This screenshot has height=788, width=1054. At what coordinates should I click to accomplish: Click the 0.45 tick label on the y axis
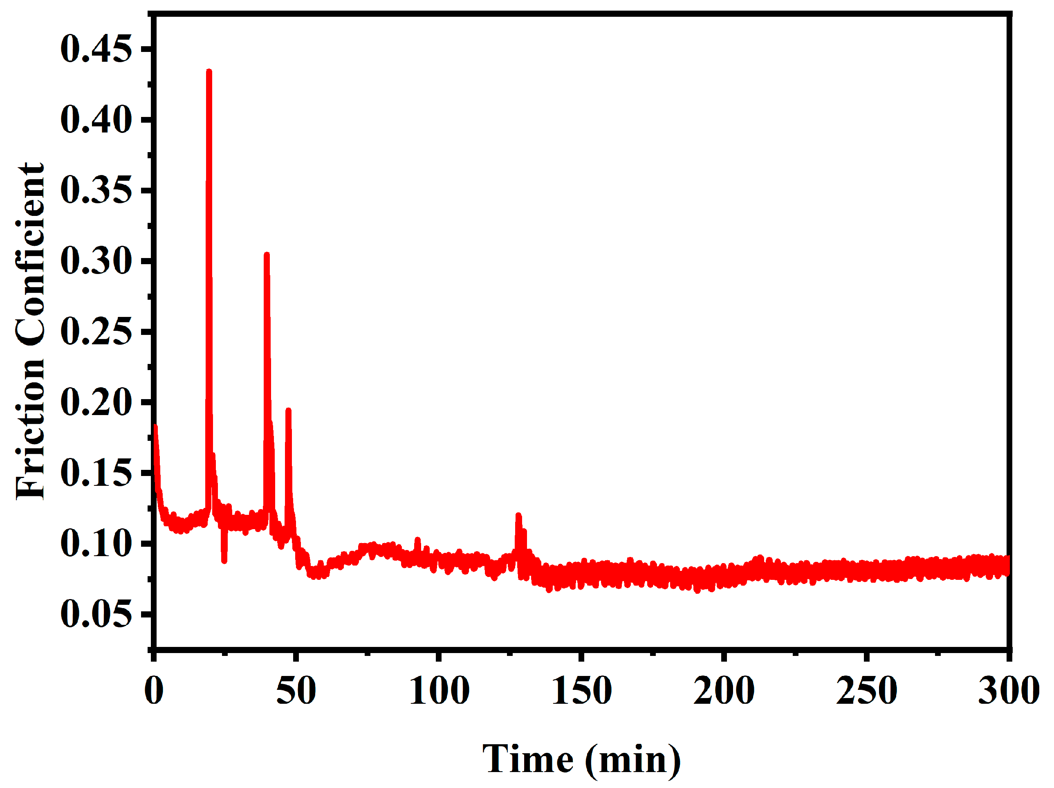[x=96, y=49]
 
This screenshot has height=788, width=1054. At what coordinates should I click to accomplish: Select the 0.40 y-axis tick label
[x=96, y=120]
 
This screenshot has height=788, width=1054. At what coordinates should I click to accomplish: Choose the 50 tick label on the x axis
[x=296, y=690]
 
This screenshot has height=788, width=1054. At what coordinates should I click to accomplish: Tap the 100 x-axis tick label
[x=439, y=690]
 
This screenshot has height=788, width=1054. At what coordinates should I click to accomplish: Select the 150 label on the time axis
[x=581, y=690]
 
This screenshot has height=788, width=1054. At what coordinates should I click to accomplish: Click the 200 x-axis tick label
[x=724, y=690]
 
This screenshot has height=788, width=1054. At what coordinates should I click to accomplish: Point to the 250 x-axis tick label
[x=866, y=690]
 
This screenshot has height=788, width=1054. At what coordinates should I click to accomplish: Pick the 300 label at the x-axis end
[x=1008, y=690]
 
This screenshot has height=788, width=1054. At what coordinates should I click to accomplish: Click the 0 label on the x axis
[x=154, y=690]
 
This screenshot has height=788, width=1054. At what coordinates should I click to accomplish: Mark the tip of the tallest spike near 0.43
[x=209, y=72]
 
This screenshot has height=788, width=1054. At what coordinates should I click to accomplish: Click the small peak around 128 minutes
[x=518, y=516]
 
